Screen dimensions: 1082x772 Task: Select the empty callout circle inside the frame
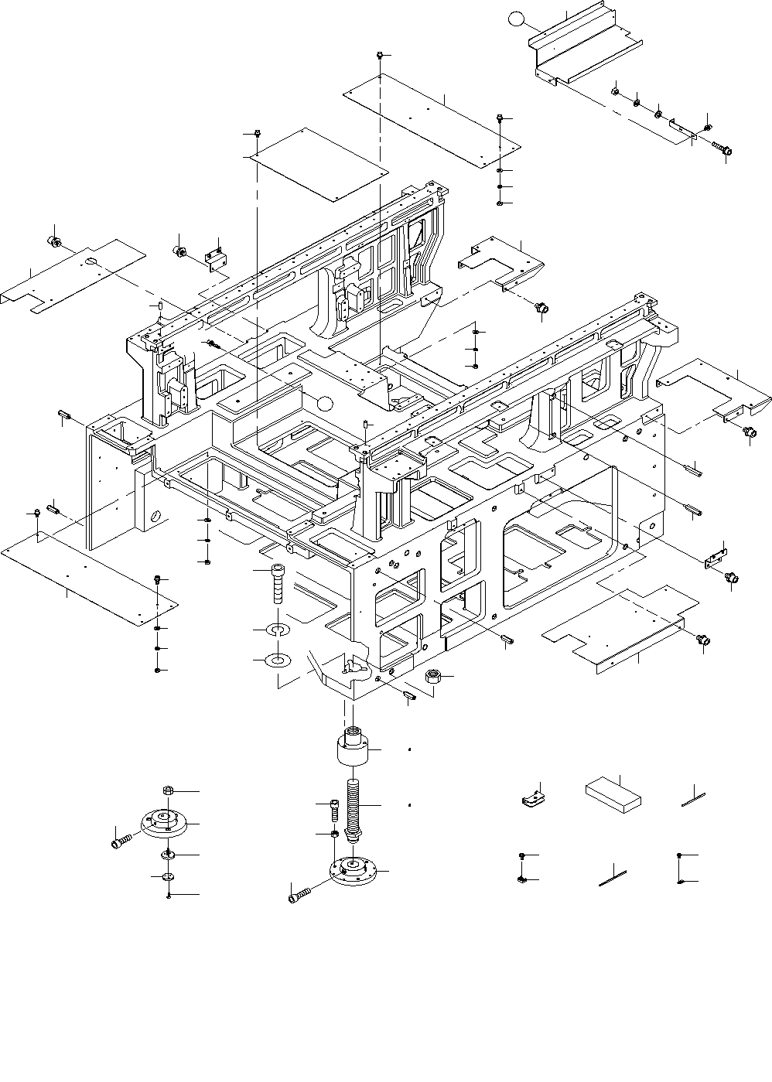pos(325,402)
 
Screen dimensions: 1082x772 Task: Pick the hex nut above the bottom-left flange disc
pos(168,790)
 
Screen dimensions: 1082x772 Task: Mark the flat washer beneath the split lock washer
pos(277,660)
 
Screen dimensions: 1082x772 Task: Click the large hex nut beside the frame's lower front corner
pos(434,678)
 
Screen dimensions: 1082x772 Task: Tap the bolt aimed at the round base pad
pos(299,896)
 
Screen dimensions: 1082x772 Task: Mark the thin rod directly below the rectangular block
pos(612,878)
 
